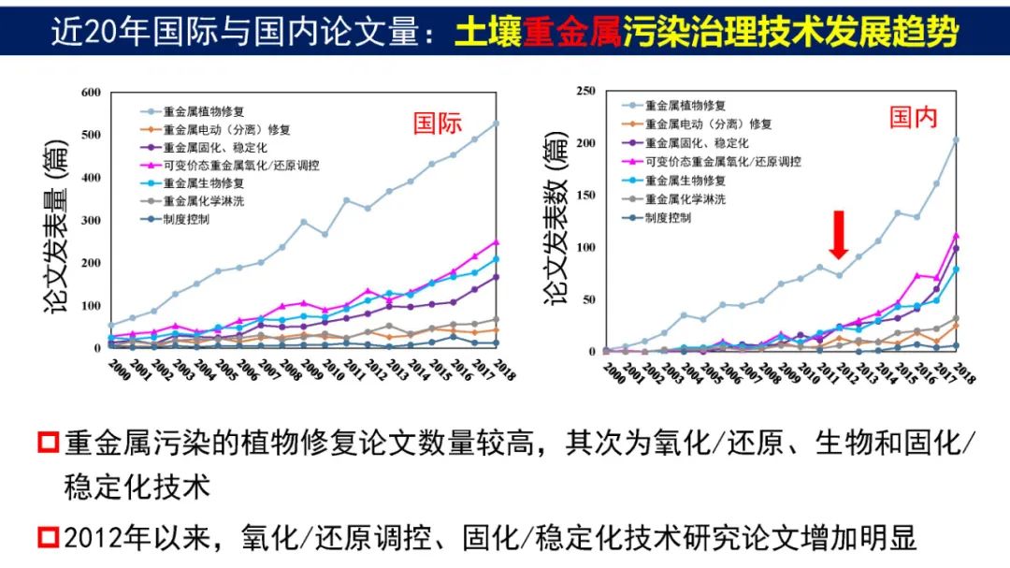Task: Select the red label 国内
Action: point(913,116)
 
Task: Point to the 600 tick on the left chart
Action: point(90,92)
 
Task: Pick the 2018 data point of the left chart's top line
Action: point(495,124)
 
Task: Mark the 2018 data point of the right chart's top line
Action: point(956,140)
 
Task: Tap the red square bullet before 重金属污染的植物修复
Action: point(47,444)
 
